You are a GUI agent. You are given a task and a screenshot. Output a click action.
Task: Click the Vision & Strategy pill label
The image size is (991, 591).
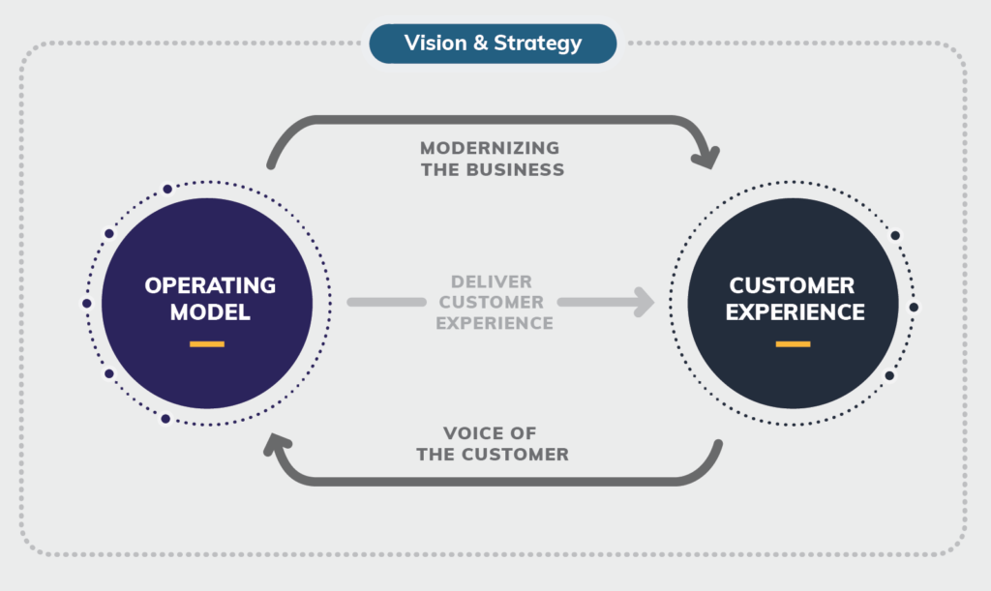[x=493, y=44]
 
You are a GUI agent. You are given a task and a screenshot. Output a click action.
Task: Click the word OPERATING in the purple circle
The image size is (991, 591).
[x=210, y=286]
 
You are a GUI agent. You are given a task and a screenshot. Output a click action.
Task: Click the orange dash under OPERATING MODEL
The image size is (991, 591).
[x=207, y=343]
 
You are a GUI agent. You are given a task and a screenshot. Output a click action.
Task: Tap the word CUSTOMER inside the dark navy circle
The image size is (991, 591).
[x=792, y=286]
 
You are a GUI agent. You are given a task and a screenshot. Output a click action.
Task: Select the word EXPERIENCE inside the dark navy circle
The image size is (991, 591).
[x=796, y=312]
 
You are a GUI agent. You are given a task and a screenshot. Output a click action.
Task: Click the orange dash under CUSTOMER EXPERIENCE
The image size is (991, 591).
[x=793, y=343]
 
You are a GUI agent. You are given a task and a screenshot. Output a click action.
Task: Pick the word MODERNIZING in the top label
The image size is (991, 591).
[x=490, y=149]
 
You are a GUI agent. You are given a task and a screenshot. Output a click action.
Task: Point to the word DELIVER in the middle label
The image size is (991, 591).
[x=492, y=281]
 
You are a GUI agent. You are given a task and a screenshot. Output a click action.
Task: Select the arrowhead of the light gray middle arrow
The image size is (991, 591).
[x=642, y=302]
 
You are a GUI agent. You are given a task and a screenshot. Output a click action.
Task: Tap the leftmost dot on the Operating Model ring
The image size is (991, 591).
[x=87, y=303]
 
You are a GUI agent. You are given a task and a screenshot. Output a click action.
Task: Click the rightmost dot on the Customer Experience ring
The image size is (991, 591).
[x=914, y=307]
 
